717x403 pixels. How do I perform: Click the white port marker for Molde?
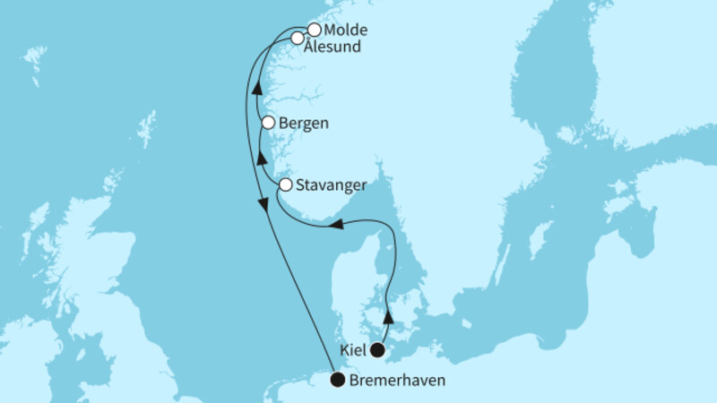click(x=314, y=30)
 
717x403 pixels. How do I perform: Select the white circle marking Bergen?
click(x=267, y=124)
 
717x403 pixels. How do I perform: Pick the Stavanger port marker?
click(x=285, y=185)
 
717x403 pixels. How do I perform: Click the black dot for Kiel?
click(x=379, y=350)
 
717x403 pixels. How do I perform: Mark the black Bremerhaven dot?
click(x=337, y=380)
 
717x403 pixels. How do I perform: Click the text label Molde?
click(x=345, y=30)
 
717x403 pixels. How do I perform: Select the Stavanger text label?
click(x=331, y=185)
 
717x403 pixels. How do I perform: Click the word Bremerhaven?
click(x=397, y=381)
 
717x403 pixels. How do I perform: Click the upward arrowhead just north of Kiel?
click(x=388, y=318)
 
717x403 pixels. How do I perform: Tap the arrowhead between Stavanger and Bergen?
click(x=261, y=159)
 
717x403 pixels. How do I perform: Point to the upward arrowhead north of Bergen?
click(x=255, y=89)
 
